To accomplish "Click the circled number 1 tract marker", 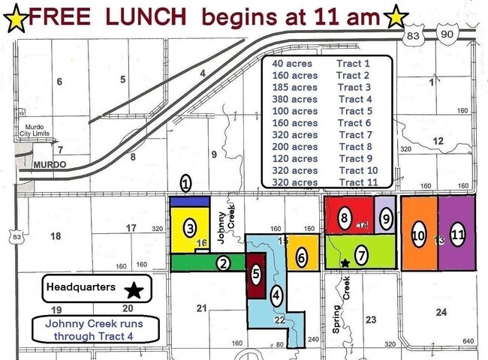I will click(186, 183).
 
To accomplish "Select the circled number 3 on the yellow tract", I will click(191, 226).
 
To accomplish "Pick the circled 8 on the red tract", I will click(344, 219).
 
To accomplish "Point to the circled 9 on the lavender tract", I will click(385, 219).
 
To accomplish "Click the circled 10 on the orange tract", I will click(419, 235).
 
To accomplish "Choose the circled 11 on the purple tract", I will click(458, 234).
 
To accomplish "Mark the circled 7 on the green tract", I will click(362, 255).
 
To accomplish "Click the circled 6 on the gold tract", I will click(301, 258).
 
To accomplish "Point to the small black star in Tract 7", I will click(345, 263).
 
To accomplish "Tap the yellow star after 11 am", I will click(396, 16).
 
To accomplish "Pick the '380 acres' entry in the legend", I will click(294, 99).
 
